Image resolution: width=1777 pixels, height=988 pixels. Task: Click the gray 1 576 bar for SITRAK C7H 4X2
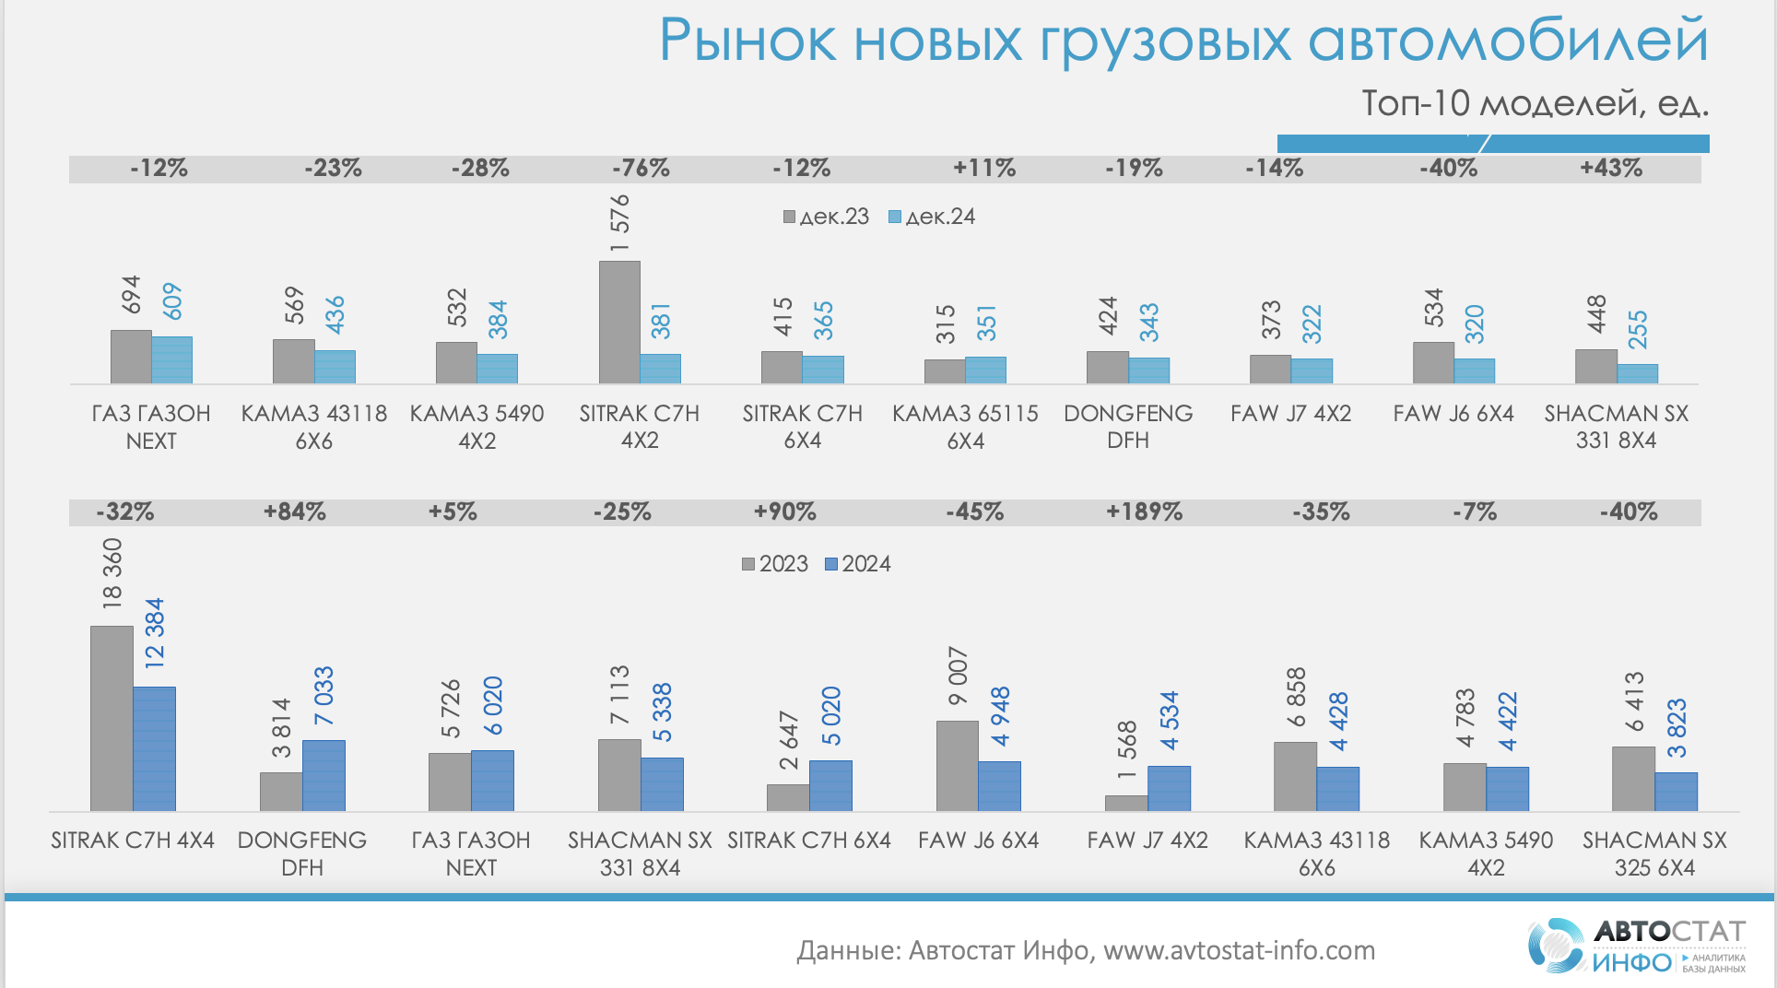pyautogui.click(x=619, y=322)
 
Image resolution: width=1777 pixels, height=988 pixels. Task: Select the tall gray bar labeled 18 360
pyautogui.click(x=112, y=718)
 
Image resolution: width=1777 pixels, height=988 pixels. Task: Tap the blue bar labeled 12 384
pyautogui.click(x=154, y=748)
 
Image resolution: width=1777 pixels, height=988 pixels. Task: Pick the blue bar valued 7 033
pyautogui.click(x=324, y=775)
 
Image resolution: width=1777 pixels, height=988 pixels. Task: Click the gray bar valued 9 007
pyautogui.click(x=957, y=765)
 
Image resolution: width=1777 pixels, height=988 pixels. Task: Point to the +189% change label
pyautogui.click(x=1144, y=512)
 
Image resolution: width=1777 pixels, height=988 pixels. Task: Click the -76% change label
pyautogui.click(x=641, y=168)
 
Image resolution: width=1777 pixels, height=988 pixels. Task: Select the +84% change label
pyautogui.click(x=295, y=512)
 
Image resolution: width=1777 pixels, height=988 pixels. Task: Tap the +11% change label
pyautogui.click(x=984, y=168)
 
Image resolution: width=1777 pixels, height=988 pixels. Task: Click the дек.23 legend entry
pyautogui.click(x=827, y=217)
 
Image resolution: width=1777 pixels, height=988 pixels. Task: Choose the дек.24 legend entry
pyautogui.click(x=932, y=217)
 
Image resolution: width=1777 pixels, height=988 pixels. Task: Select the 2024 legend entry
pyautogui.click(x=858, y=564)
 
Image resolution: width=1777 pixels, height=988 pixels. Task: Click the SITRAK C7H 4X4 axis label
pyautogui.click(x=133, y=841)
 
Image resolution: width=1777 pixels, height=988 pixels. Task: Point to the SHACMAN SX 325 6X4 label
pyautogui.click(x=1654, y=853)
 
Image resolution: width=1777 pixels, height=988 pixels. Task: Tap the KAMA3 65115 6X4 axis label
pyautogui.click(x=965, y=427)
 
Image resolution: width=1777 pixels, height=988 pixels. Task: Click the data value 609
pyautogui.click(x=172, y=301)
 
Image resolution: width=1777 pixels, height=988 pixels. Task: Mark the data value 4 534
pyautogui.click(x=1169, y=721)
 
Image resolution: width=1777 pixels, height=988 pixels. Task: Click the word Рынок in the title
pyautogui.click(x=747, y=41)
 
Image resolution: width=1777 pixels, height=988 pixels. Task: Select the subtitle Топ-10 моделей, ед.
pyautogui.click(x=1535, y=103)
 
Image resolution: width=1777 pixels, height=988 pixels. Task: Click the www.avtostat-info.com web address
pyautogui.click(x=1239, y=950)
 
